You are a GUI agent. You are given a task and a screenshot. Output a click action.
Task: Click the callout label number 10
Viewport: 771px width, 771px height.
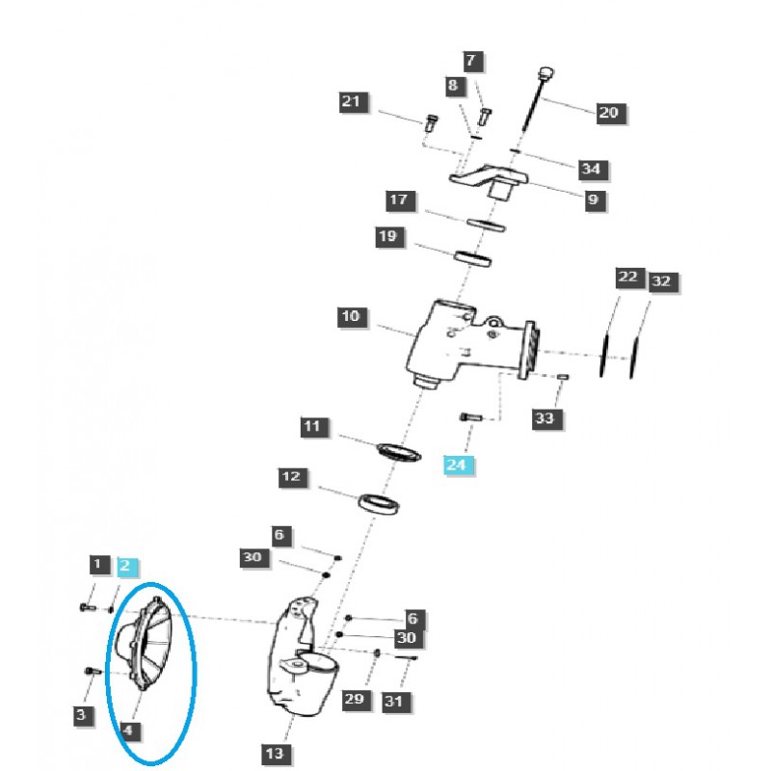pyautogui.click(x=350, y=316)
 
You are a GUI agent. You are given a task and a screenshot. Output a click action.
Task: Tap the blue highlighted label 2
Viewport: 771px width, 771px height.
pyautogui.click(x=128, y=565)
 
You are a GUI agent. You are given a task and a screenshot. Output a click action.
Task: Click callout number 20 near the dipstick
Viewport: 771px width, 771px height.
pyautogui.click(x=608, y=113)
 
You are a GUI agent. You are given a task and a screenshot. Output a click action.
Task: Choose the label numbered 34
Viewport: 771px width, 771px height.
pyautogui.click(x=591, y=170)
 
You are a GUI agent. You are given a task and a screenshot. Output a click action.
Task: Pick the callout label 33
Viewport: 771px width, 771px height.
pyautogui.click(x=545, y=417)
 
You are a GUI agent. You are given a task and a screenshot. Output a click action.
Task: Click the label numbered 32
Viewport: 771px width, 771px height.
pyautogui.click(x=660, y=282)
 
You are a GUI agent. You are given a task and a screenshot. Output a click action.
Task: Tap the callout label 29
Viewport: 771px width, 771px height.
pyautogui.click(x=356, y=699)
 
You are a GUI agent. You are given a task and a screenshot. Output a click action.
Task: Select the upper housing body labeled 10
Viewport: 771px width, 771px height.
pyautogui.click(x=453, y=342)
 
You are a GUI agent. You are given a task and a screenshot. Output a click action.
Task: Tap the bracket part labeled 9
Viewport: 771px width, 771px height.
pyautogui.click(x=492, y=179)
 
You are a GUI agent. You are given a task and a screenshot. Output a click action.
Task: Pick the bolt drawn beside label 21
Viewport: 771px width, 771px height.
pyautogui.click(x=431, y=122)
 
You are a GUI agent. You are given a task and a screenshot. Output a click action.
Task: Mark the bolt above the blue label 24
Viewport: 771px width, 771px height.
pyautogui.click(x=469, y=416)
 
